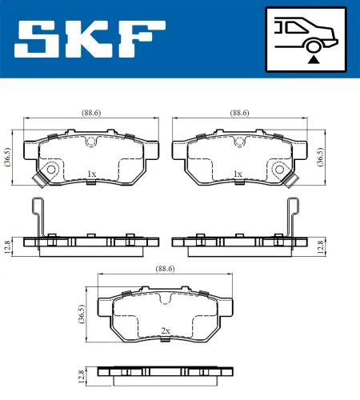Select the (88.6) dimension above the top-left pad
tap(90, 113)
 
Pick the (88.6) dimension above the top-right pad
tap(239, 113)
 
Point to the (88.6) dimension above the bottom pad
tap(164, 270)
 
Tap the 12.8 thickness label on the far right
tap(321, 245)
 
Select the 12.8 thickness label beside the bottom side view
tap(82, 375)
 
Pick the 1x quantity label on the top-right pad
tap(237, 174)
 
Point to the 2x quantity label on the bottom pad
tap(166, 330)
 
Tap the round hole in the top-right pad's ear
tap(279, 169)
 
